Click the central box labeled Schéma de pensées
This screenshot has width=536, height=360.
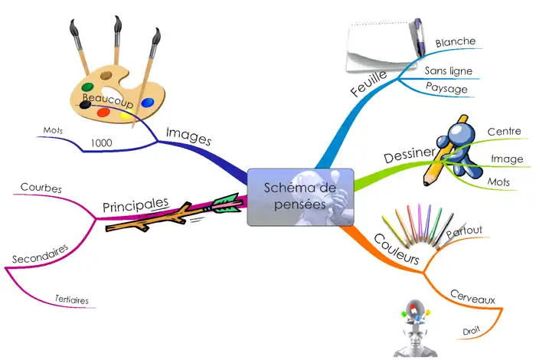299,196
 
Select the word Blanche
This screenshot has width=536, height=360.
456,41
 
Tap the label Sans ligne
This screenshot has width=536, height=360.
449,71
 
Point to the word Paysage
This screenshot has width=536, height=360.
446,88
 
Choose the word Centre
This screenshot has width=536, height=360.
504,132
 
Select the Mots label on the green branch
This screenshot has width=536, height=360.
498,182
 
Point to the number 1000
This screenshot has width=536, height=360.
102,142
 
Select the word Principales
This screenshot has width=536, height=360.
136,205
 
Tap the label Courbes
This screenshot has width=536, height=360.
41,188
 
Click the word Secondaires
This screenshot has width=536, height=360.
41,253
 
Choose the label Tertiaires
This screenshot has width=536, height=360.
72,299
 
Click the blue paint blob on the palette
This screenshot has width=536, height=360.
148,101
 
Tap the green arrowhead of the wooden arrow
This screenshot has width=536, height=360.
226,203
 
